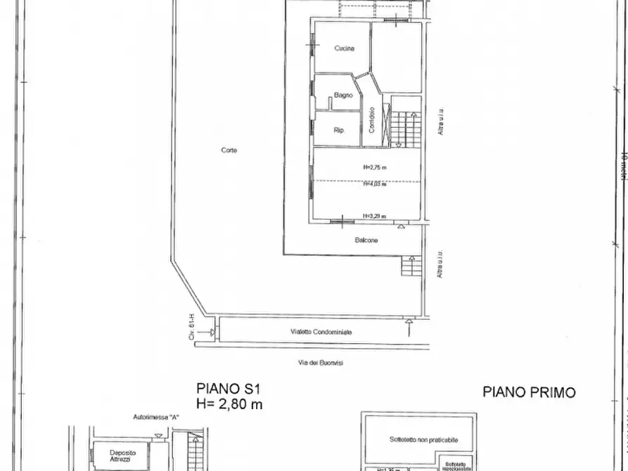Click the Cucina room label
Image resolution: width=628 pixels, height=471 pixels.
[x=344, y=49]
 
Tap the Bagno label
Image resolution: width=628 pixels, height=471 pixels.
[x=343, y=95]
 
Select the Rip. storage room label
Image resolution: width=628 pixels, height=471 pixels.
[x=338, y=130]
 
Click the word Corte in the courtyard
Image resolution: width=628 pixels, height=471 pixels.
[x=229, y=150]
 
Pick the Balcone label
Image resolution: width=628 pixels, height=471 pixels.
[x=366, y=240]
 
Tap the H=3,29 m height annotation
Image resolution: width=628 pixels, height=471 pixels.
[x=375, y=216]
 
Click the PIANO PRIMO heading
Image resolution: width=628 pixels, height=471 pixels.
[x=528, y=392]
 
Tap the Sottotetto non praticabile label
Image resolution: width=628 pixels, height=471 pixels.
[x=423, y=439]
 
